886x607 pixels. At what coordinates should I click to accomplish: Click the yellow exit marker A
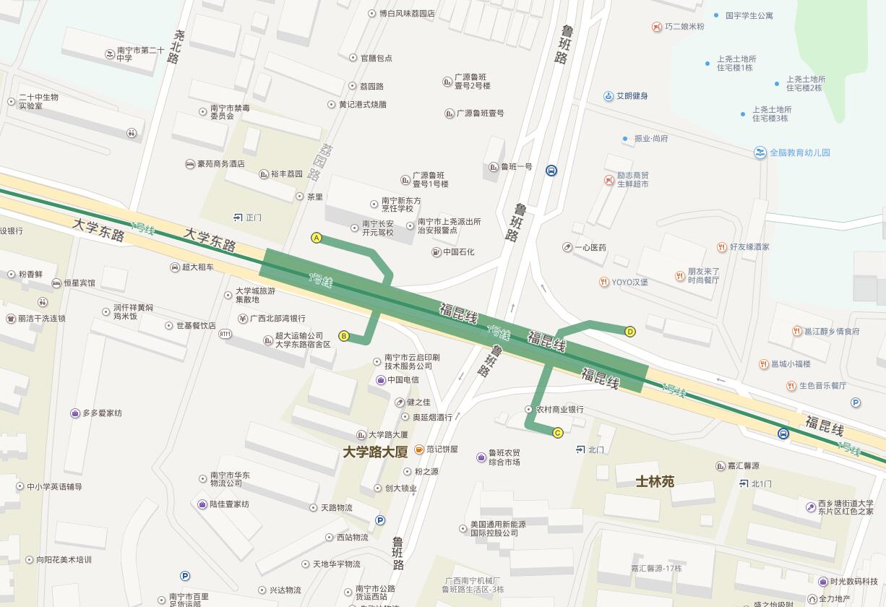pos(316,238)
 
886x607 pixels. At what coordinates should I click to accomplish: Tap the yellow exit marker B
pos(344,335)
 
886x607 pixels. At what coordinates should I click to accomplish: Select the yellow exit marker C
pos(558,433)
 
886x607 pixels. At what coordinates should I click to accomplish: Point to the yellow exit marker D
pos(630,332)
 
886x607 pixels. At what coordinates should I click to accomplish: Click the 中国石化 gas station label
pos(458,252)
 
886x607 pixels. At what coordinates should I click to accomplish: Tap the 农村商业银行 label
pos(559,410)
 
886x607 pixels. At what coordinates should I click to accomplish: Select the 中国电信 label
pos(403,380)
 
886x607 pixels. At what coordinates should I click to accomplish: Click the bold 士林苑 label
pos(655,481)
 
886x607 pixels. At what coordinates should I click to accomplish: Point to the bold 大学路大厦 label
pos(375,452)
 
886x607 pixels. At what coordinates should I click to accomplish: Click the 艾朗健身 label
pos(632,96)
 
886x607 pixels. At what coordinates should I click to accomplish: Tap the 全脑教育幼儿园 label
pos(799,152)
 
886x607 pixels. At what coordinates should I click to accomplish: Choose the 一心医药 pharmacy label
pos(590,248)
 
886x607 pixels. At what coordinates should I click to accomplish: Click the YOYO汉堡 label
pos(629,282)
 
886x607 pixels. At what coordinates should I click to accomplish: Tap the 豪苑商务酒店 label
pos(220,164)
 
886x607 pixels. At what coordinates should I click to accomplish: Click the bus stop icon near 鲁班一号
pos(551,171)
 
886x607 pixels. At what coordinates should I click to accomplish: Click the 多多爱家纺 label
pos(101,413)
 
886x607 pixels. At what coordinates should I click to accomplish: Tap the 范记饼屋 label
pos(441,449)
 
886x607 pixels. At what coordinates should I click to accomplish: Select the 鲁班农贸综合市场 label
pos(504,457)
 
